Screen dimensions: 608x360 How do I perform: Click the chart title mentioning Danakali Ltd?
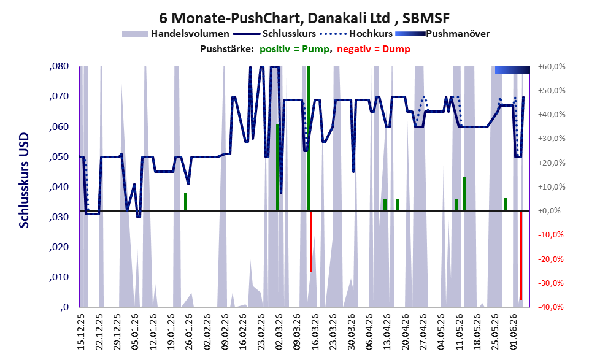click(x=304, y=18)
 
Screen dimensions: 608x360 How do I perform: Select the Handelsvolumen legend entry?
click(x=175, y=34)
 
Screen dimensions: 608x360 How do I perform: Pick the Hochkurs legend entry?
click(x=356, y=34)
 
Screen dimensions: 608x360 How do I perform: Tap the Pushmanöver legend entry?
click(x=442, y=34)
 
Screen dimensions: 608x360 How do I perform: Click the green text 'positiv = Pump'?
click(x=294, y=49)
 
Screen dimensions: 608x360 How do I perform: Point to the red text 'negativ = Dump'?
click(x=374, y=49)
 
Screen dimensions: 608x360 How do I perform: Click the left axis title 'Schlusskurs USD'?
click(x=24, y=180)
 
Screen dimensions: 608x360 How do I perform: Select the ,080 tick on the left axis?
click(x=59, y=66)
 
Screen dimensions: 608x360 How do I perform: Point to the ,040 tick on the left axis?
click(x=59, y=187)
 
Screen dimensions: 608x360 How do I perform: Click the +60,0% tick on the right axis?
click(x=552, y=67)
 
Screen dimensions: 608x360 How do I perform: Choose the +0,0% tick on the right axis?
click(x=550, y=211)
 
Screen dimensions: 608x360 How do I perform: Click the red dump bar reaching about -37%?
click(x=521, y=255)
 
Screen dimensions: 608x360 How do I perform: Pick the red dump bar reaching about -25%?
click(x=311, y=241)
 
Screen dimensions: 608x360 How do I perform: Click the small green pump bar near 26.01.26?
click(x=185, y=202)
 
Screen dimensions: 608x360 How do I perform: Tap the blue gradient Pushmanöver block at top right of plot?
click(x=512, y=70)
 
